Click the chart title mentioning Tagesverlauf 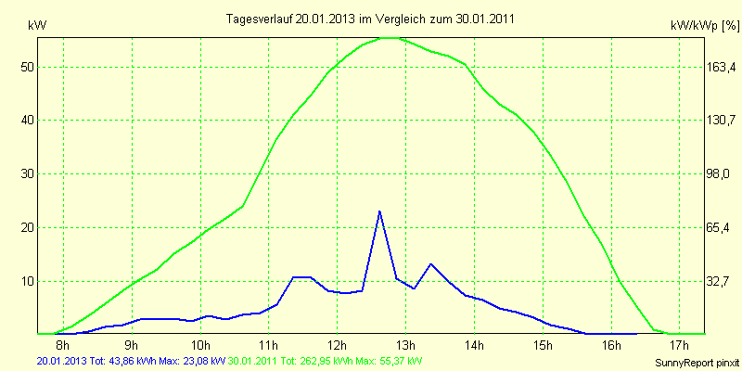(371, 19)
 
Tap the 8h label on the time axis (61, 346)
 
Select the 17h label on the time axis (679, 346)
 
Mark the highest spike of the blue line (379, 212)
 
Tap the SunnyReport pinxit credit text (695, 362)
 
